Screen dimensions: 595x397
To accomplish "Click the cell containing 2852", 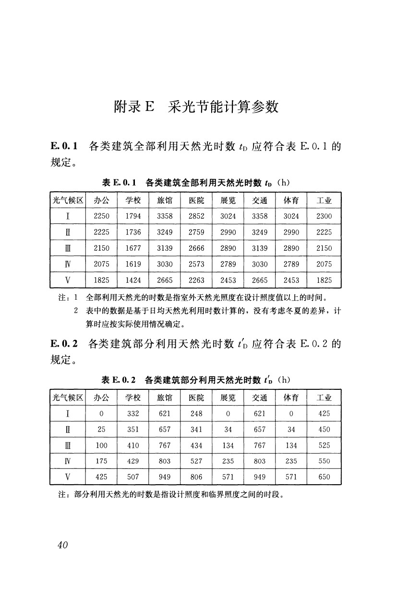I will (196, 216).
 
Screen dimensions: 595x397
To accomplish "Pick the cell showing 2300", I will (324, 216).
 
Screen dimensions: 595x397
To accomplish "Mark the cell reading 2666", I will (196, 248).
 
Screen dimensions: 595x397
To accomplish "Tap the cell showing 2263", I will (196, 280).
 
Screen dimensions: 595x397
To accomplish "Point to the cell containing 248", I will (196, 413).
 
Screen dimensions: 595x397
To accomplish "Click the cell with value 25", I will (101, 429).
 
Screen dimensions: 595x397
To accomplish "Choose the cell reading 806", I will (196, 477).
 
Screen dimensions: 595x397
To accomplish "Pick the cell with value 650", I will (324, 477).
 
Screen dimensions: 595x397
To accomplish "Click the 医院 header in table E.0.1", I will (196, 200).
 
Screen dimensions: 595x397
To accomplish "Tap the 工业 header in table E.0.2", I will (324, 397).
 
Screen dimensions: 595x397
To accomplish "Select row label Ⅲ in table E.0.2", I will (68, 445).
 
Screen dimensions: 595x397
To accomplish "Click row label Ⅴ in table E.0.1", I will (68, 280).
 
